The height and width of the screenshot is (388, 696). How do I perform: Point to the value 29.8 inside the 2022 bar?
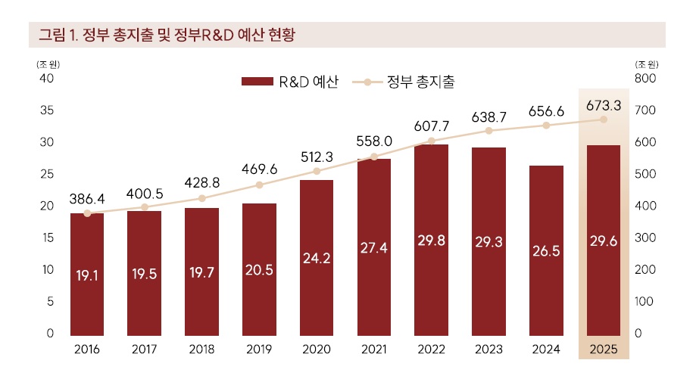pyautogui.click(x=431, y=241)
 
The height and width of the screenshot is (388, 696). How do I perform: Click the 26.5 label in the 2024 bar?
pyautogui.click(x=546, y=252)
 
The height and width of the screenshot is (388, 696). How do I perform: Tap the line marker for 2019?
pyautogui.click(x=259, y=185)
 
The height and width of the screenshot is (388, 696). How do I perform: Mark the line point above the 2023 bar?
pyautogui.click(x=488, y=131)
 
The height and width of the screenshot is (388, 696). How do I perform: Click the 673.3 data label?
pyautogui.click(x=604, y=105)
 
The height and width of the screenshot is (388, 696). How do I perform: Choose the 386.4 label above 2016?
pyautogui.click(x=87, y=199)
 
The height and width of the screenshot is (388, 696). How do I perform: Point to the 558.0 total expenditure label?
pyautogui.click(x=374, y=141)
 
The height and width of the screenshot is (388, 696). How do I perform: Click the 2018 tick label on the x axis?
pyautogui.click(x=202, y=349)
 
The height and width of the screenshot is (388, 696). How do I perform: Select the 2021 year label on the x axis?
pyautogui.click(x=374, y=349)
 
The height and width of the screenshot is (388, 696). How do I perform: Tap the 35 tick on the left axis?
pyautogui.click(x=47, y=110)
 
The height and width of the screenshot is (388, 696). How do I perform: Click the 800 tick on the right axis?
pyautogui.click(x=645, y=79)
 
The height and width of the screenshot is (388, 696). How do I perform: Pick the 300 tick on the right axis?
pyautogui.click(x=645, y=237)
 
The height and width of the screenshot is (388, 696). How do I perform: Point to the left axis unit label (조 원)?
pyautogui.click(x=46, y=64)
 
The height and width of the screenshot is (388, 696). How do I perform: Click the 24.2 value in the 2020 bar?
pyautogui.click(x=317, y=257)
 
